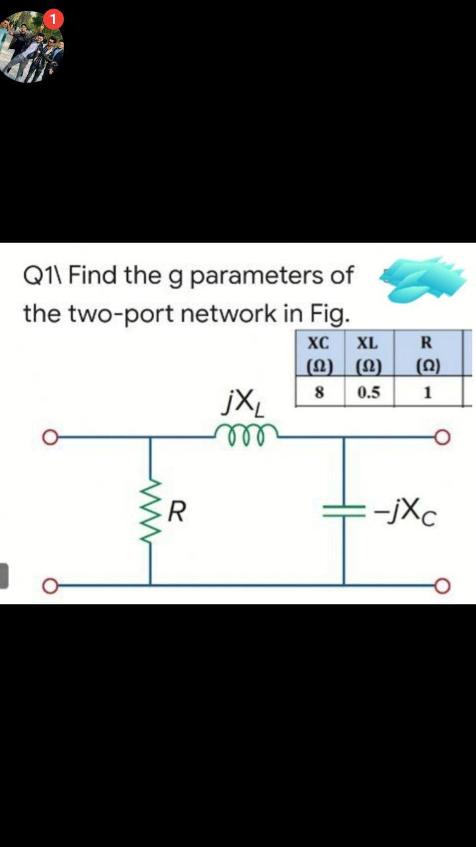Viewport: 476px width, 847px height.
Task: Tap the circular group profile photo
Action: pyautogui.click(x=31, y=48)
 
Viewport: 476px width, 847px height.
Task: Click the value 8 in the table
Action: pyautogui.click(x=319, y=392)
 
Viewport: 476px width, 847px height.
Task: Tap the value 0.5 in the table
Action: pyautogui.click(x=368, y=392)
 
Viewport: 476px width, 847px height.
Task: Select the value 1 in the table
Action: pyautogui.click(x=426, y=392)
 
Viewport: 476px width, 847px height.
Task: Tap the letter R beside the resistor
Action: pyautogui.click(x=177, y=512)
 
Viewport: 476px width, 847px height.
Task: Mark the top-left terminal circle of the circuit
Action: pyautogui.click(x=49, y=437)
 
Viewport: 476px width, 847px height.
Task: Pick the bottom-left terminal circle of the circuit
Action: pyautogui.click(x=49, y=585)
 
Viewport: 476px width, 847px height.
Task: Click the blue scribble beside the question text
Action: pyautogui.click(x=421, y=278)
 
